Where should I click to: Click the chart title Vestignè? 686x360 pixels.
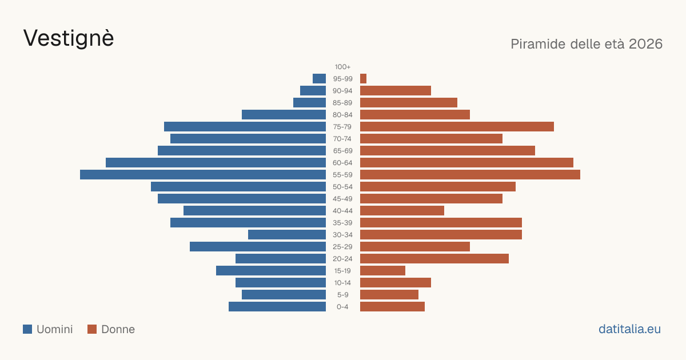69,38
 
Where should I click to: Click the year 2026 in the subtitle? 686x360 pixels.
645,44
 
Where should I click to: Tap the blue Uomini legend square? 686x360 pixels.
27,329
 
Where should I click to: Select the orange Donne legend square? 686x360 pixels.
92,329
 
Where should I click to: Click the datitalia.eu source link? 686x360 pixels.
629,329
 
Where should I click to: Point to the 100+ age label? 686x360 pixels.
342,67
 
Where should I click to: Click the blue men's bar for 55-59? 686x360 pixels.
203,174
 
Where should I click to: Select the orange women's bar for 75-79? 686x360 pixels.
457,126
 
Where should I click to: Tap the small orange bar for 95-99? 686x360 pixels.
363,78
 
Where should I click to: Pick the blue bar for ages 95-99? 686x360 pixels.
319,78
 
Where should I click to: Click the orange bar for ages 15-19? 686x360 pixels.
382,271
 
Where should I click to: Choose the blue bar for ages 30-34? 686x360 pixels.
287,234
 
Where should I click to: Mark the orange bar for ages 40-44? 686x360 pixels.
402,211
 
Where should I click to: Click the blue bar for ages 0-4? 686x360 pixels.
277,306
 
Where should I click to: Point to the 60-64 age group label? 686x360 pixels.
342,162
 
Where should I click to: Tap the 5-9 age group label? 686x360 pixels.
342,295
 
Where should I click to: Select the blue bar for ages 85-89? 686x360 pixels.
310,102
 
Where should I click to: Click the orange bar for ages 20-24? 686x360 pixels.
434,259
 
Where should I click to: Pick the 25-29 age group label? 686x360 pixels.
342,247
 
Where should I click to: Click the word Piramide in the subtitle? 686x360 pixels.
538,44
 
